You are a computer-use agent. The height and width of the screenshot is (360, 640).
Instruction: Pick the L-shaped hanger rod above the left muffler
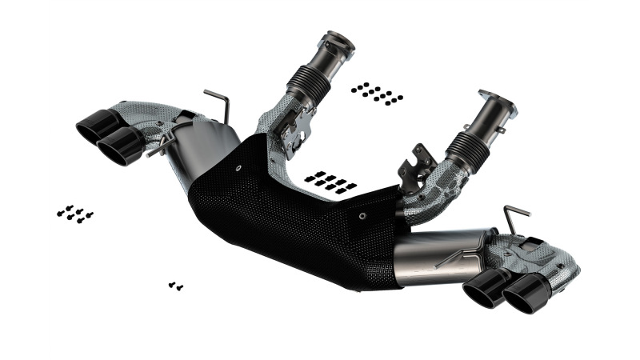click(218, 103)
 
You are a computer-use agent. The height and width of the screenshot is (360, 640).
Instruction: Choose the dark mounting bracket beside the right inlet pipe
click(421, 166)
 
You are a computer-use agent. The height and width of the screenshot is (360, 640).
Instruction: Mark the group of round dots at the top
click(377, 93)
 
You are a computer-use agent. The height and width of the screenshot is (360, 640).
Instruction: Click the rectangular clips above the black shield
click(330, 182)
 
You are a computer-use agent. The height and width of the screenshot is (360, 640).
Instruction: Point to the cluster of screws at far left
click(74, 214)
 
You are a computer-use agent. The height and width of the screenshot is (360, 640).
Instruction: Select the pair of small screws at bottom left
click(176, 285)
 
